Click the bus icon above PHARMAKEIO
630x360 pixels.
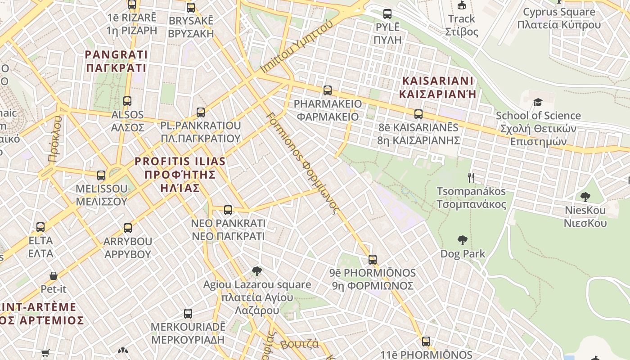328,90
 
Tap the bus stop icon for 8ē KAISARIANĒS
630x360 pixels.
418,114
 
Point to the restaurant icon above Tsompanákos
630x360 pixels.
471,178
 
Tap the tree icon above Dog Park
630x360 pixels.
462,240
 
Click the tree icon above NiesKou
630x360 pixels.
585,197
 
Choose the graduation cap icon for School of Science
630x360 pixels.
538,103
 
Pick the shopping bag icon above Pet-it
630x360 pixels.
54,275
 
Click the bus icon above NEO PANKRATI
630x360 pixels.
228,210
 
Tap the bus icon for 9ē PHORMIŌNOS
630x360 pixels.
373,260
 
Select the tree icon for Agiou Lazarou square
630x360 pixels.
257,271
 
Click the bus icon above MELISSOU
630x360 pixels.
101,175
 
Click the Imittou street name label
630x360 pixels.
297,47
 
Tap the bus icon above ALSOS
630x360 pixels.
127,101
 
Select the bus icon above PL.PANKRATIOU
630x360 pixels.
201,112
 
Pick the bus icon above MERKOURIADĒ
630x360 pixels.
188,314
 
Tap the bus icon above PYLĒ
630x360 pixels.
387,14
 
